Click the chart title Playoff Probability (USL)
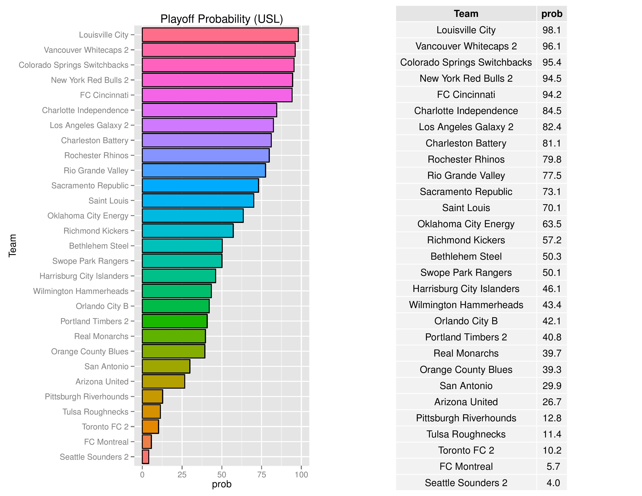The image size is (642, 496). click(221, 19)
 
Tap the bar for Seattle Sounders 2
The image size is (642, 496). click(146, 457)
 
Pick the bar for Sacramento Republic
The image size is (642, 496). click(200, 185)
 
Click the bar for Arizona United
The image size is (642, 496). click(163, 381)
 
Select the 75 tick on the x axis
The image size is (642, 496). click(261, 475)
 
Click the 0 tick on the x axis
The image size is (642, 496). click(142, 475)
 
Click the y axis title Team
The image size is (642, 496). click(12, 246)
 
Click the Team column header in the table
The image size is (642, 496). click(466, 14)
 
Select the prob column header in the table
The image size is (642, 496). click(552, 14)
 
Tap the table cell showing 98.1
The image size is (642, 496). click(552, 30)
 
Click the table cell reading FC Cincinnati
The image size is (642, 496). click(466, 95)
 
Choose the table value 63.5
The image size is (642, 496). click(552, 224)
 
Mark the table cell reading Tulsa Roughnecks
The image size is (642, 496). click(466, 434)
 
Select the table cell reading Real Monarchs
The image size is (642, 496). click(466, 353)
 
